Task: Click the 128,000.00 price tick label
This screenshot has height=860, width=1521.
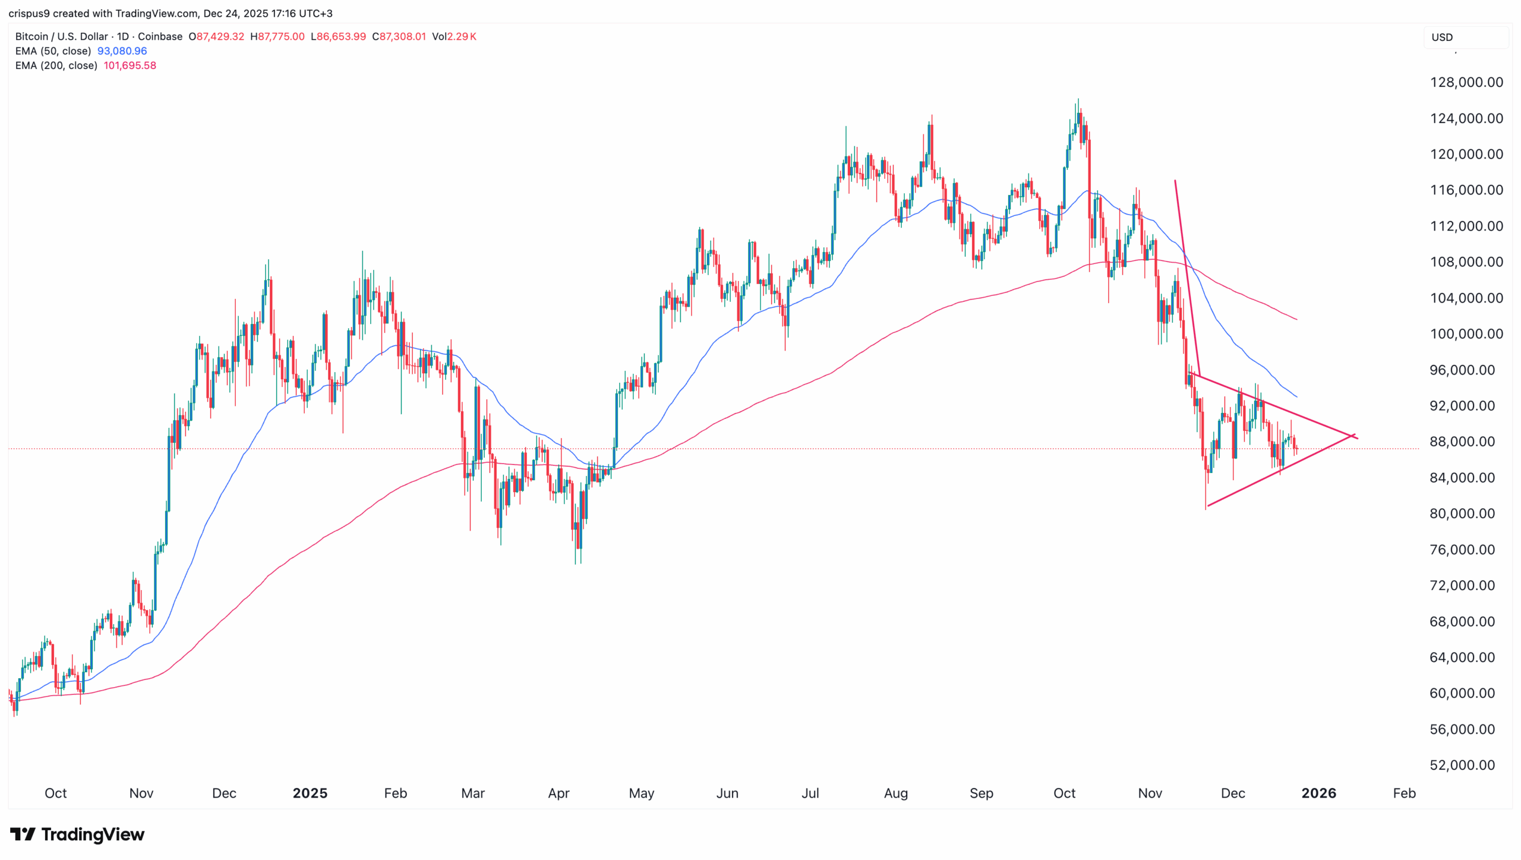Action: pyautogui.click(x=1466, y=83)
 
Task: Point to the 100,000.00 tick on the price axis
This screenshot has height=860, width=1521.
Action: pyautogui.click(x=1466, y=334)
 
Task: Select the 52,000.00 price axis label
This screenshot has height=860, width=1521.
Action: pyautogui.click(x=1462, y=765)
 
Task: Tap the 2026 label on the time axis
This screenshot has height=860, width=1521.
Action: pyautogui.click(x=1318, y=793)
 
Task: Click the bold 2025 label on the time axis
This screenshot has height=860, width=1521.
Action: pyautogui.click(x=310, y=793)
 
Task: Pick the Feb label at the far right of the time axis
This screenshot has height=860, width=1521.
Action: pyautogui.click(x=1404, y=793)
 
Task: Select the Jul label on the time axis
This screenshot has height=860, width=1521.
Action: pyautogui.click(x=810, y=793)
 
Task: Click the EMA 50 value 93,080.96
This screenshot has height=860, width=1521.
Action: pyautogui.click(x=122, y=51)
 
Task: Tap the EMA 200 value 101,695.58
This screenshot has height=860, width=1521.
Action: pyautogui.click(x=130, y=65)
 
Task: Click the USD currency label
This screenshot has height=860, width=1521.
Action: pyautogui.click(x=1442, y=37)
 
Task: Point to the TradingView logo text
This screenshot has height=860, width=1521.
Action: pyautogui.click(x=93, y=834)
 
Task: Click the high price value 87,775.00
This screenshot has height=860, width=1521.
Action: pyautogui.click(x=280, y=36)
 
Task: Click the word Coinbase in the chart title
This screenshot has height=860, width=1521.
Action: pyautogui.click(x=160, y=36)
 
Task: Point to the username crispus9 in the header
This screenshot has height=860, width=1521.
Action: pyautogui.click(x=29, y=13)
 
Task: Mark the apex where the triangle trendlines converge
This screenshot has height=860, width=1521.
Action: pyautogui.click(x=1353, y=436)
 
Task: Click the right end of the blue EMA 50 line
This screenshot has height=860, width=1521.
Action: pyautogui.click(x=1296, y=396)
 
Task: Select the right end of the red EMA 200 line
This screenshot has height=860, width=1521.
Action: pyautogui.click(x=1296, y=319)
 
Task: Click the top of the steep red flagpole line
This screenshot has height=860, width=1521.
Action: pyautogui.click(x=1175, y=180)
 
